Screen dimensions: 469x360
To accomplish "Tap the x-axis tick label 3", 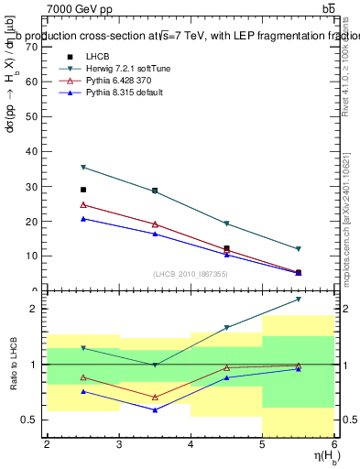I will (x=118, y=445).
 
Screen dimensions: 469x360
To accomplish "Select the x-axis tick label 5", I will (x=262, y=445).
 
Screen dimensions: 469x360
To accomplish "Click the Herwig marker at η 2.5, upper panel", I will (x=83, y=168).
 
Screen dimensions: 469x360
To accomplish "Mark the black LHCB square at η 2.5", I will (x=83, y=190).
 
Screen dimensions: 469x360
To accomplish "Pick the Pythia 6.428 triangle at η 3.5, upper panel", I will (x=155, y=224).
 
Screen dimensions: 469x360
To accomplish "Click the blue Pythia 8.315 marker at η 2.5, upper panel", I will (x=83, y=219).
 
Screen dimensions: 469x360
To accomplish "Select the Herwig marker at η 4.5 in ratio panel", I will (x=226, y=327).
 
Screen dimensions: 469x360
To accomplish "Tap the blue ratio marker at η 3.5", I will (x=155, y=409).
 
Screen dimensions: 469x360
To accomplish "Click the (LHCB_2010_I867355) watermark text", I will (x=191, y=275).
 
